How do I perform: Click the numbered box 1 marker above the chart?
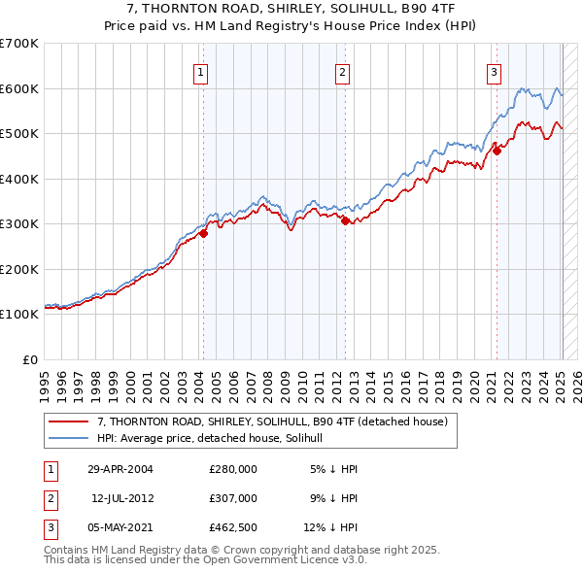point(200,71)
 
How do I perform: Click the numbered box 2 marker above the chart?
point(343,71)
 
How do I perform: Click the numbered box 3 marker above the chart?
point(494,71)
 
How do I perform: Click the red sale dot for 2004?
point(203,233)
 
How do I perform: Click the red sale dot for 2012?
point(345,220)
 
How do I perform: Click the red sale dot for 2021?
point(497,151)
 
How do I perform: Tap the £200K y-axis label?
point(18,269)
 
